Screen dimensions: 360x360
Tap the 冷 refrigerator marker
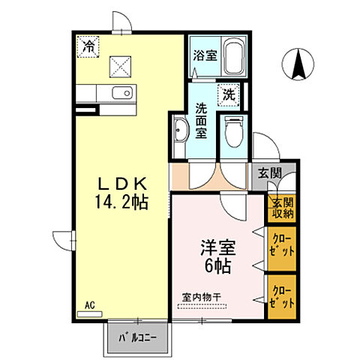[x=89, y=46]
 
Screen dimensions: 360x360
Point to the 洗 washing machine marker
[x=228, y=95]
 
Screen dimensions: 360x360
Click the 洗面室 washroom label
[x=201, y=121]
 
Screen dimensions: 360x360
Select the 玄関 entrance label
[x=271, y=174]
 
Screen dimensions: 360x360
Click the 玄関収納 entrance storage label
[x=282, y=208]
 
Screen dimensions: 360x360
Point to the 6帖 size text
[x=214, y=265]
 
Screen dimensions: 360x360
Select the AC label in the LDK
[x=89, y=304]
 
